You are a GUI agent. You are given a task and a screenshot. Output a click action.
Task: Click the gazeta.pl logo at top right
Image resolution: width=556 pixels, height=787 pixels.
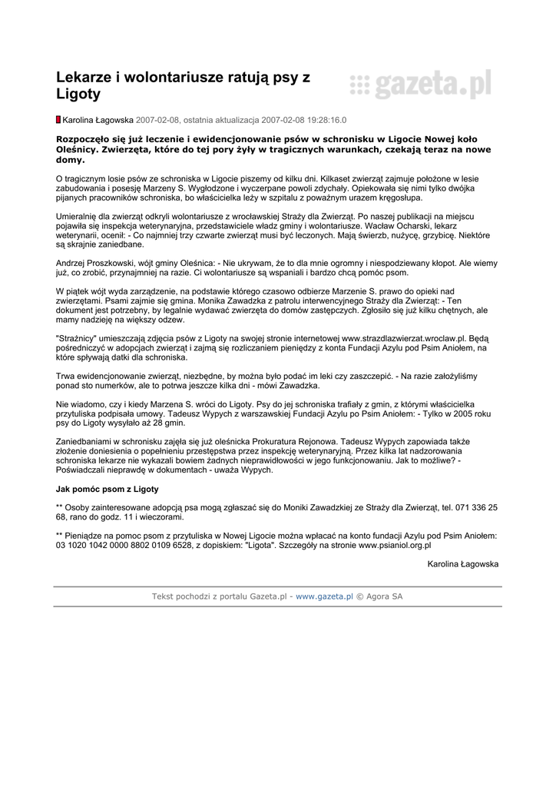tap(420, 85)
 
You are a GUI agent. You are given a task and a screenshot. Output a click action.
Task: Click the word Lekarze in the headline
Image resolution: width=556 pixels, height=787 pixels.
tap(84, 77)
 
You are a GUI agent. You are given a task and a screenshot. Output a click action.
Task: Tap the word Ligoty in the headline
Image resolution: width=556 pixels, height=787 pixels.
tap(78, 95)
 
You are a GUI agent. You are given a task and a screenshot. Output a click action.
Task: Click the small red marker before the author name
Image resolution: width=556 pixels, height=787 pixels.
tap(58, 120)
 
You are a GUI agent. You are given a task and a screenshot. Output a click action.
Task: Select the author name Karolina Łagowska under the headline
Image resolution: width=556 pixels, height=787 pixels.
tap(98, 121)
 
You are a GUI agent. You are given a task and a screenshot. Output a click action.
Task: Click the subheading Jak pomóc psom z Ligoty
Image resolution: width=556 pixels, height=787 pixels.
tap(107, 489)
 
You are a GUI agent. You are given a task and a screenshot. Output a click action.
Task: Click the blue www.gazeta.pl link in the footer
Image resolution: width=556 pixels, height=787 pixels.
tap(324, 596)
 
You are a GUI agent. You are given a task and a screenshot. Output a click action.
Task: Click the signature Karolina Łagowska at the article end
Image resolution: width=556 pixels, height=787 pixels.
tap(462, 563)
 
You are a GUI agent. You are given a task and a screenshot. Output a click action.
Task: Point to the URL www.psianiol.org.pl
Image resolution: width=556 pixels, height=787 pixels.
tap(395, 545)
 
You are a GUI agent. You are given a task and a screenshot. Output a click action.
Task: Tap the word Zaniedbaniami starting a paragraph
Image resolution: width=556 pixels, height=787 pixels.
tap(87, 441)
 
